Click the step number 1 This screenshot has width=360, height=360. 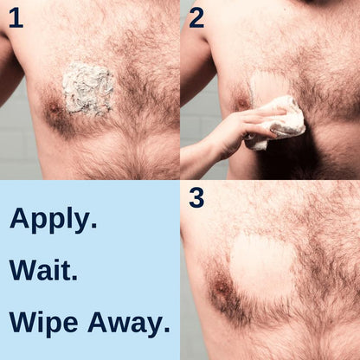pyautogui.click(x=15, y=16)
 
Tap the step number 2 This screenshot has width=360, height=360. pyautogui.click(x=196, y=16)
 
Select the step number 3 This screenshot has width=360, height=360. pyautogui.click(x=196, y=197)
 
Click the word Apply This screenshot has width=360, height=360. pyautogui.click(x=51, y=220)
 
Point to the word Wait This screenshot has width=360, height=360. pyautogui.click(x=43, y=270)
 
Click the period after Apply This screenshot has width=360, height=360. pyautogui.click(x=93, y=227)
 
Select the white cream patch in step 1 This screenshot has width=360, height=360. pyautogui.click(x=87, y=89)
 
